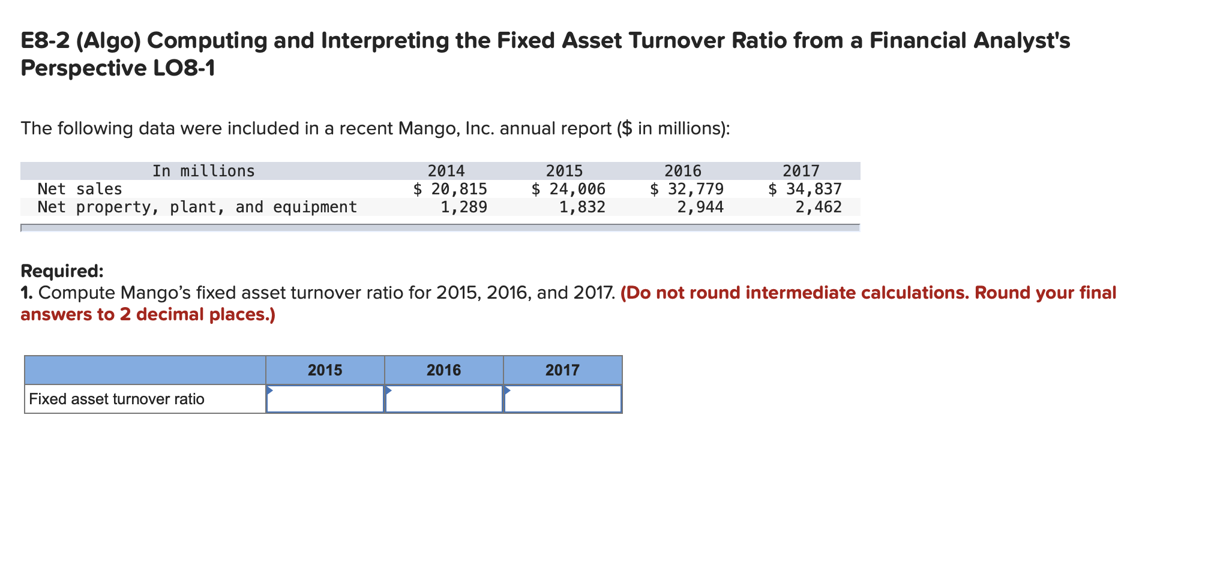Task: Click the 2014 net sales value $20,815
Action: [x=450, y=189]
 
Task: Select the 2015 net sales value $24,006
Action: [x=568, y=189]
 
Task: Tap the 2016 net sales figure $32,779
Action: [x=687, y=189]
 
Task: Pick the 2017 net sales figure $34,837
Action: [x=805, y=189]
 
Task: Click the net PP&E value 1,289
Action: [x=464, y=207]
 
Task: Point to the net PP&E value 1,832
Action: [x=582, y=207]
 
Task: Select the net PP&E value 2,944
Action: [x=700, y=207]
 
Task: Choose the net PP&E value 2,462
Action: [x=819, y=207]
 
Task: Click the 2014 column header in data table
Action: [x=446, y=171]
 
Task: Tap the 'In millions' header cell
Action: [x=203, y=171]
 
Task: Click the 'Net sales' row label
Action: [x=80, y=189]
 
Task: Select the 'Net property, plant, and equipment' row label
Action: [x=197, y=207]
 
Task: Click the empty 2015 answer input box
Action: [x=325, y=399]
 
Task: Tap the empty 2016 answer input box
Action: [x=443, y=399]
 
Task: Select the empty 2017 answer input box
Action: [x=562, y=399]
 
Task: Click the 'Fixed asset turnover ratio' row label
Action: [x=116, y=399]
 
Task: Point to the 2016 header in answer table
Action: [x=443, y=370]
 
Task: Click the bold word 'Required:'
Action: [x=62, y=271]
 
